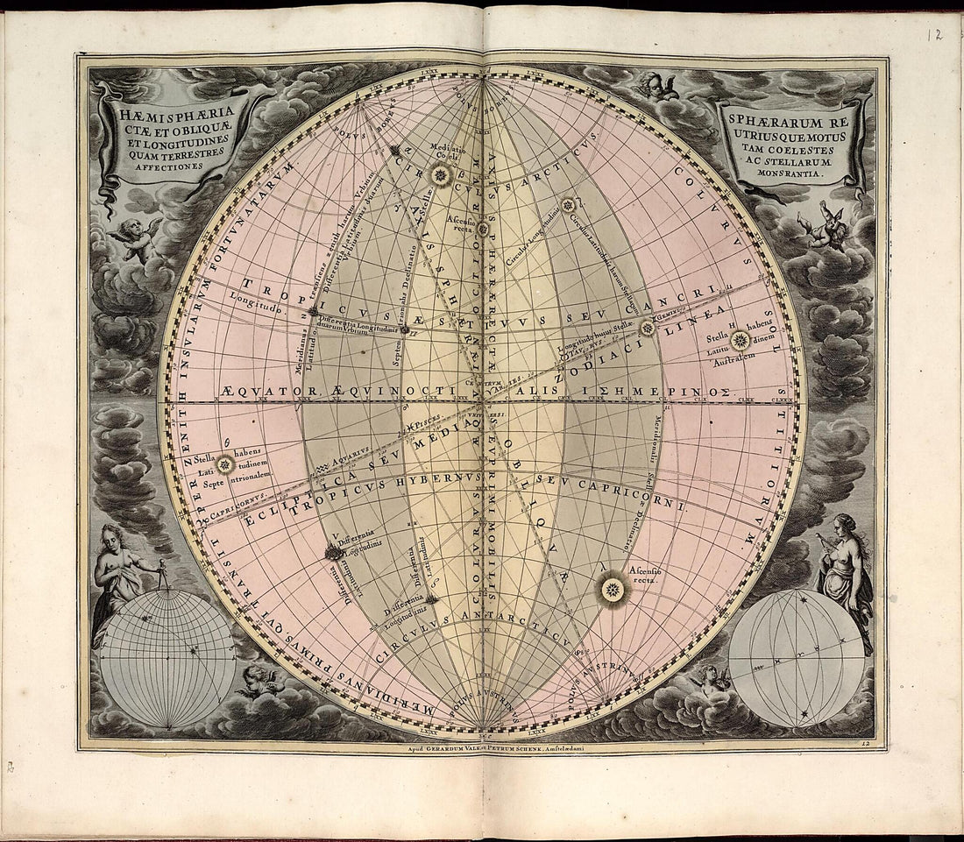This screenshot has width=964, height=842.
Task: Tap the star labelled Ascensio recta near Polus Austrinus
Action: coord(613,590)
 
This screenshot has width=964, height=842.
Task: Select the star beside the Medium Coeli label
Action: coord(442,176)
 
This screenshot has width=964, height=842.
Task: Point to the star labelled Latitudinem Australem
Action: coord(741,341)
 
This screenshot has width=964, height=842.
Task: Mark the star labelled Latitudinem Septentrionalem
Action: coord(225,464)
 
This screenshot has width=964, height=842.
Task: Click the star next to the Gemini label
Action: coord(648,329)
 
